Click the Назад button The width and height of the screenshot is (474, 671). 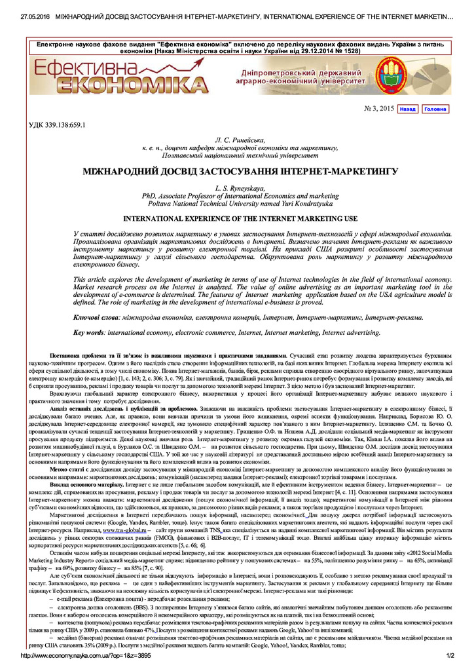click(x=407, y=109)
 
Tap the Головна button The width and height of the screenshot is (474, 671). click(x=435, y=109)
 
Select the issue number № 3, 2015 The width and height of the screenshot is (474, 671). click(x=378, y=109)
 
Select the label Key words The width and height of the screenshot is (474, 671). click(x=89, y=333)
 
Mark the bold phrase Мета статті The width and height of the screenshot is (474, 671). click(x=71, y=469)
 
